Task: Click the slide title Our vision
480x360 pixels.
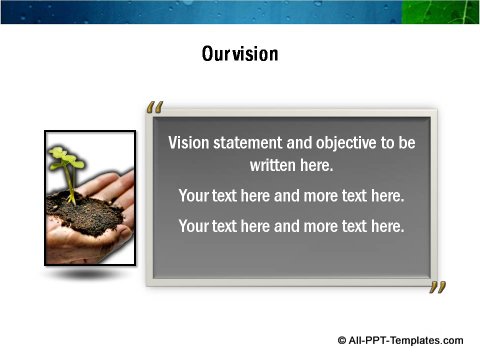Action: coord(239,54)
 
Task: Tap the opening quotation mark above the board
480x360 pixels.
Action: coord(154,107)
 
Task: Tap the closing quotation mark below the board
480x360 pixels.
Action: coord(437,288)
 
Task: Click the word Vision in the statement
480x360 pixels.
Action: coord(190,143)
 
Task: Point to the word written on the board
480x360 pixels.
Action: coord(273,165)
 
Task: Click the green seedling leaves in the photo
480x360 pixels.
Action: coord(66,159)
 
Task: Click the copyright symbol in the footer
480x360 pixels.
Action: coord(342,341)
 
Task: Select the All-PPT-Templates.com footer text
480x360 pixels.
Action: coord(406,341)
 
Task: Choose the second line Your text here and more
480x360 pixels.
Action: coord(291,195)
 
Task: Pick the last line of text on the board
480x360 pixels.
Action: coord(291,226)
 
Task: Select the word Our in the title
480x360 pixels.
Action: coord(215,54)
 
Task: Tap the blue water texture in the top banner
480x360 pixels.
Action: coord(200,12)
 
